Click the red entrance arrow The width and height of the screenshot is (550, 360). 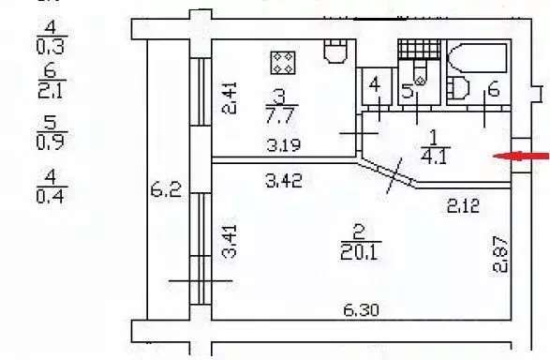pos(521,157)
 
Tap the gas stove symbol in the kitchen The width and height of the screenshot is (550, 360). pos(283,63)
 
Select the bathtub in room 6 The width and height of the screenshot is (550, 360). pos(478,58)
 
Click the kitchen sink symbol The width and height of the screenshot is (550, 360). pos(335,52)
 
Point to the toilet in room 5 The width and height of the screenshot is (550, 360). pos(420,72)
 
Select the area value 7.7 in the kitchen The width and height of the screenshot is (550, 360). pos(279,115)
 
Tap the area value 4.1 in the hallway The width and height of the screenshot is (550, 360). pos(435,157)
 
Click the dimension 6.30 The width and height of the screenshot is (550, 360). pos(361,310)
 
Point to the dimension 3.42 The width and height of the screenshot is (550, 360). pos(284,181)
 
